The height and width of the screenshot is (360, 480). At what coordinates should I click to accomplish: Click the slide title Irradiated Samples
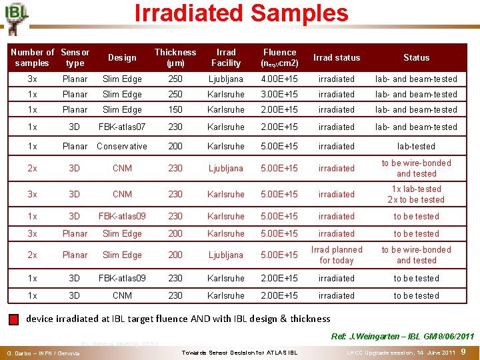tap(241, 13)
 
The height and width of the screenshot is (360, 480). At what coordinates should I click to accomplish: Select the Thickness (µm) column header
tap(175, 57)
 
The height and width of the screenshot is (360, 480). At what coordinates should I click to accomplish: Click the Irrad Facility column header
tap(226, 57)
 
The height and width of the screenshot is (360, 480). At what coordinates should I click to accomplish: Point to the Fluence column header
tap(279, 57)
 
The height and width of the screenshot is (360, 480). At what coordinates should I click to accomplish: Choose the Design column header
tap(122, 58)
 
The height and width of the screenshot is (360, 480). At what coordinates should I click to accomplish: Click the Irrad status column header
tap(337, 58)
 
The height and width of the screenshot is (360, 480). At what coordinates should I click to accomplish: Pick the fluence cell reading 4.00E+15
tap(279, 79)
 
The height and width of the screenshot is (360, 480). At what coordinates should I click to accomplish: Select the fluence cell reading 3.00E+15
tap(279, 95)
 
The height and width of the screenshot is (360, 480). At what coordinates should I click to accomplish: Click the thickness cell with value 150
tap(175, 110)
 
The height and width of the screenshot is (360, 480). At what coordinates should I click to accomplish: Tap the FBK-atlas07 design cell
tap(122, 127)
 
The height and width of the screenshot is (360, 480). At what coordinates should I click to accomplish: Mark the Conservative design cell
tap(122, 147)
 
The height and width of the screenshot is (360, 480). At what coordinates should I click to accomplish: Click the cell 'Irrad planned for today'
tap(337, 255)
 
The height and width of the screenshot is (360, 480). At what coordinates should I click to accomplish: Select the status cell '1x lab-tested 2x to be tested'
tap(416, 195)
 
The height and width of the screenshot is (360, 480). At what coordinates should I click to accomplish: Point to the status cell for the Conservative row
tap(416, 147)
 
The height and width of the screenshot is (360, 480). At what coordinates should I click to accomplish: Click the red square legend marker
tap(14, 319)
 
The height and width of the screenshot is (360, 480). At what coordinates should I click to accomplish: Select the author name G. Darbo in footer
tap(39, 353)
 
